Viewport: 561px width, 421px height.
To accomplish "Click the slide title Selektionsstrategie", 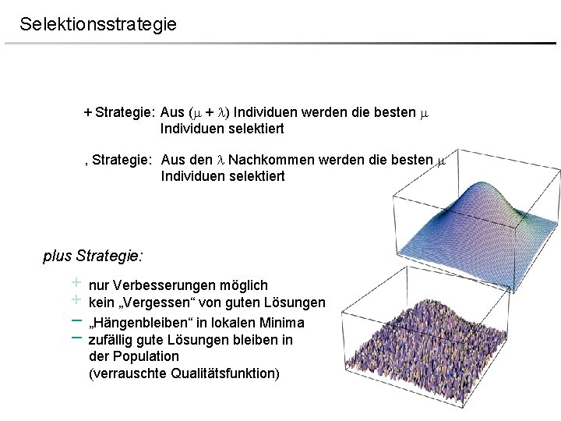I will pos(98,24).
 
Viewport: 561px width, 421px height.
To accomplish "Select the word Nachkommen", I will pos(269,160).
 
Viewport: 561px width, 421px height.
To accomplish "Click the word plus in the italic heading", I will pos(58,256).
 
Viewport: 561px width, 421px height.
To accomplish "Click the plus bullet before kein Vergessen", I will pos(76,299).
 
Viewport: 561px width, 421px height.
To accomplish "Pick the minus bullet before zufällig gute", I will pos(76,338).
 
